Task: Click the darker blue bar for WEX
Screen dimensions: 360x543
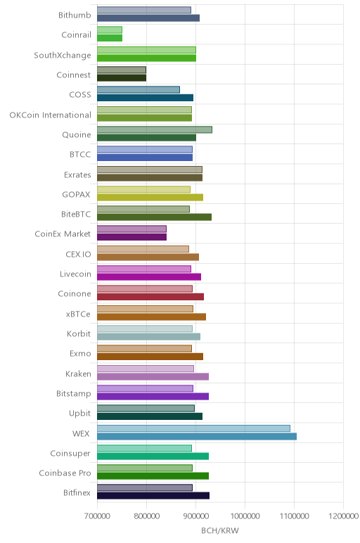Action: coord(197,436)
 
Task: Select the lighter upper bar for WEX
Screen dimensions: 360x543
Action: coord(193,428)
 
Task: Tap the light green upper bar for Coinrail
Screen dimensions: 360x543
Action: coord(110,30)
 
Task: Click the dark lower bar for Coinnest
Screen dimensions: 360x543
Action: coord(122,78)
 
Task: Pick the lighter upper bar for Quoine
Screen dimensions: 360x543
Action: coord(155,129)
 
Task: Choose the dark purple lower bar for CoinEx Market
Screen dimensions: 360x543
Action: coord(131,237)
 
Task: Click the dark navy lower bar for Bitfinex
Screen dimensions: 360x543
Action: coord(153,496)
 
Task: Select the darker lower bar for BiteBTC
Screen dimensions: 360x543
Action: coord(154,217)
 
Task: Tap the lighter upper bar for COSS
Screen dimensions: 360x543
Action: coord(138,90)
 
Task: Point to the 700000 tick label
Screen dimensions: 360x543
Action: coord(97,516)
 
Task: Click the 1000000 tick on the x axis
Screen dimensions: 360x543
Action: coord(245,516)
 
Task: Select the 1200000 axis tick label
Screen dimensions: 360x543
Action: coord(343,516)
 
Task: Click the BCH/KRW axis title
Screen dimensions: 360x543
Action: coord(220,530)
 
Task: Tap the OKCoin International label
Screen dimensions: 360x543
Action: coord(50,115)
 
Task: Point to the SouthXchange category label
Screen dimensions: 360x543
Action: coord(63,56)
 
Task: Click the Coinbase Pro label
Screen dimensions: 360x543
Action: coord(65,473)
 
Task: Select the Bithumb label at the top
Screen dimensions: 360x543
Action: coord(75,15)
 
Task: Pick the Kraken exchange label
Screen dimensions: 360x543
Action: coord(78,374)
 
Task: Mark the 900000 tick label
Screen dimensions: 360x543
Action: coord(196,516)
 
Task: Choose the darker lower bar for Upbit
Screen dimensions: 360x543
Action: coord(150,416)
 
